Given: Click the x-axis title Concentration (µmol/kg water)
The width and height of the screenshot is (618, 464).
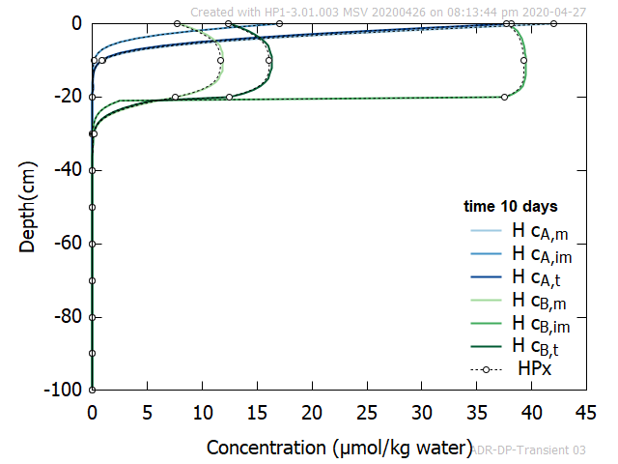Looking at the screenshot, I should tap(336, 448).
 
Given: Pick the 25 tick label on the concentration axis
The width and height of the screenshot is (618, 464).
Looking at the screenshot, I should tap(366, 413).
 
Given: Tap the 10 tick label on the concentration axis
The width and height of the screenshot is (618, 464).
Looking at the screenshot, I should tap(202, 413).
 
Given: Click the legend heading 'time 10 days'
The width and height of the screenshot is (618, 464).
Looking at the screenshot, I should tap(510, 207).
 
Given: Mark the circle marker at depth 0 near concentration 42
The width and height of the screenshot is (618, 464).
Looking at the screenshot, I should tap(553, 23).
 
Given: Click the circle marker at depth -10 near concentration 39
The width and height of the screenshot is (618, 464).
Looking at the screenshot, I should tap(523, 60).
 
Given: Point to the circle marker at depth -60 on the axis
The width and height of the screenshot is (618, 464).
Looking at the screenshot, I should tap(92, 244).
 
